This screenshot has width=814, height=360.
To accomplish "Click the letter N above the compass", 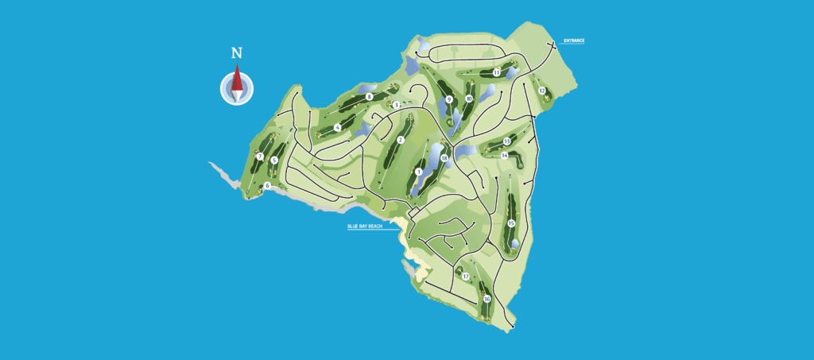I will point(236,53).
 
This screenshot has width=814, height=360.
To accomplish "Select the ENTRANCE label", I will point(574,41).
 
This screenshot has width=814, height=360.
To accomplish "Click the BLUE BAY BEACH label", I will point(365,226).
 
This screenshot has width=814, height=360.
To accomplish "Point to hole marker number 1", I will point(418,171).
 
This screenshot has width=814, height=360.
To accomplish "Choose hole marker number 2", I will point(401,140).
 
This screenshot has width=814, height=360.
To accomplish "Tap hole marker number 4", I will point(338,127).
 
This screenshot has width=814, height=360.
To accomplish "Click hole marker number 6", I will point(268,186).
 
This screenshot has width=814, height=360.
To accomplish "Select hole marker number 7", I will point(260,157).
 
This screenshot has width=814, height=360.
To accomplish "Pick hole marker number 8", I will point(370,97).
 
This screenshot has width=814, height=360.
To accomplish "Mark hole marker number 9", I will point(449,99).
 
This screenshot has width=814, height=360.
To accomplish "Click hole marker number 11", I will point(496,73).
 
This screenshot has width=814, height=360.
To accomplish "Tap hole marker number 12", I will point(542,91).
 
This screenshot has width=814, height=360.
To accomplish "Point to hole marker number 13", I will point(506,141).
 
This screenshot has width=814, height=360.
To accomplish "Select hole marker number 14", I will point(505,156).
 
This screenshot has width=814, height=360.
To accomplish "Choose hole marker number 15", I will point(511,223).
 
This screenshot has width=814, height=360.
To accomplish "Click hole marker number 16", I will point(486,299).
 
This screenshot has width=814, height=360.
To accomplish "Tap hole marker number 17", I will point(466,277).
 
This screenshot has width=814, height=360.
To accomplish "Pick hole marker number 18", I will point(444,158).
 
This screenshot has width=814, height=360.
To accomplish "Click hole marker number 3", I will point(396,104).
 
